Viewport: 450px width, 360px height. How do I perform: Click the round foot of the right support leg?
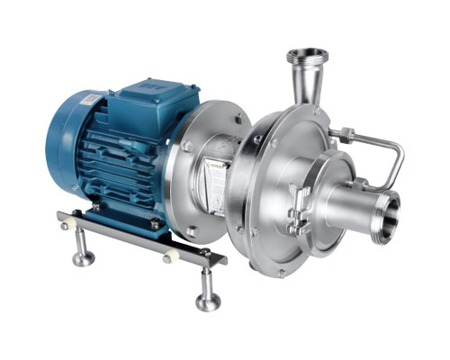209,301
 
